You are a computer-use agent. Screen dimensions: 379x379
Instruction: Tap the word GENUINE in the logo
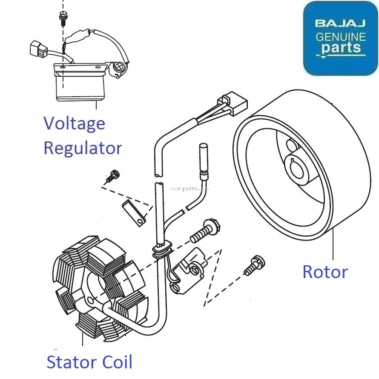coord(340,37)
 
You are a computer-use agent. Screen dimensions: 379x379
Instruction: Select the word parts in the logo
coord(341,48)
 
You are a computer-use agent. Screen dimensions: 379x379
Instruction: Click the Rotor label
coord(325,272)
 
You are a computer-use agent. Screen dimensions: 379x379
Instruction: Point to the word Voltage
coord(74,123)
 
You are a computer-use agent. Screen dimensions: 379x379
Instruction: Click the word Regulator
coord(83,148)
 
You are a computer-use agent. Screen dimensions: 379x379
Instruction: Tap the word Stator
coord(71,362)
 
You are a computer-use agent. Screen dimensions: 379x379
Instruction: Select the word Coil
coord(117,362)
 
